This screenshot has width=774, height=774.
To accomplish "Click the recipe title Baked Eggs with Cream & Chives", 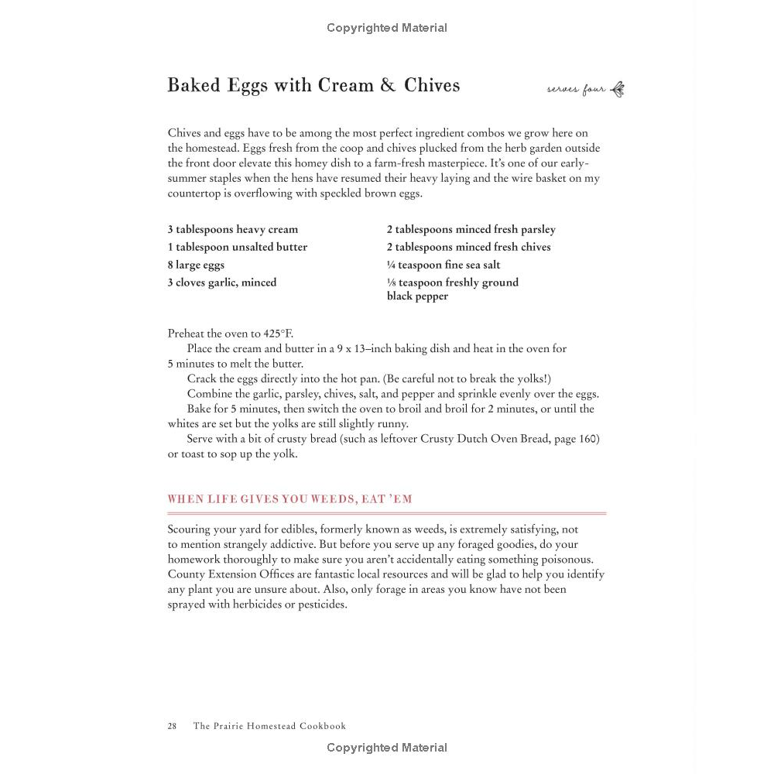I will point(313,85).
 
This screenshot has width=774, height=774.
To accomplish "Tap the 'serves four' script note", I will point(576,90).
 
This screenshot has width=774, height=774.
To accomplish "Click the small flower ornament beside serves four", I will point(618,89).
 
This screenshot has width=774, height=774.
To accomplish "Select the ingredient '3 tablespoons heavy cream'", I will point(232,229).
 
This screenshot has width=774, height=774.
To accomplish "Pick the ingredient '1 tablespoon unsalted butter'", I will point(237,247).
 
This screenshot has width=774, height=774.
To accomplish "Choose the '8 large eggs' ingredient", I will point(196,265).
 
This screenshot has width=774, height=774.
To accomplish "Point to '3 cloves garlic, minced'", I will point(221,283).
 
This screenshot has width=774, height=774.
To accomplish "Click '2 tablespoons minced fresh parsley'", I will point(471,229).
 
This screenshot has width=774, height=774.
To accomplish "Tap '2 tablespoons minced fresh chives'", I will point(468,247).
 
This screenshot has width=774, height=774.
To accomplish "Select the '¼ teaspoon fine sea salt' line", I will point(444,265).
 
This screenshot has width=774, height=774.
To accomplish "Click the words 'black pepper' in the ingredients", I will point(417,296).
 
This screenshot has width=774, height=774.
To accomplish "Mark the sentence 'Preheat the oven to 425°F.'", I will point(230,334).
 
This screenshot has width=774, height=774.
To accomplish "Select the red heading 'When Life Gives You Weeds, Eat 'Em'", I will point(289,499).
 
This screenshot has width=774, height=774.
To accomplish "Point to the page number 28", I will point(172,726).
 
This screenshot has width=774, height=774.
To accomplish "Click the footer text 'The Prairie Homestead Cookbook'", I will point(269,726).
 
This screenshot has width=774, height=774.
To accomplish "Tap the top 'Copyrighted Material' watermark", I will point(386,28).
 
